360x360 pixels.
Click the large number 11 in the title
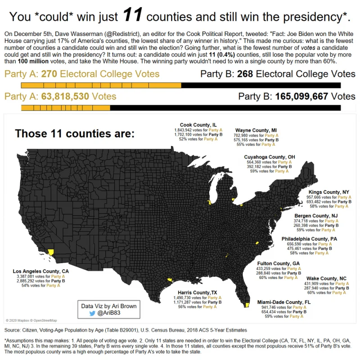pos(132,15)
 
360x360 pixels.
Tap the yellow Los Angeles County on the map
pos(50,252)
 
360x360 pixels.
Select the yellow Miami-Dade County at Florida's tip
pos(247,305)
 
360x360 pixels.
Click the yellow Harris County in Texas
pos(170,279)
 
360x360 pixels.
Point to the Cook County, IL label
pos(198,125)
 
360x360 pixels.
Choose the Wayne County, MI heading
pos(256,130)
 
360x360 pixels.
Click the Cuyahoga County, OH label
pos(269,157)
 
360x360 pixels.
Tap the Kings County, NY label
pos(328,192)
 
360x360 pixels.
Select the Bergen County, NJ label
pos(316,216)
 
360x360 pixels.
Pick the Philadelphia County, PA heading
pos(309,239)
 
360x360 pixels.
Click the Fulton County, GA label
pos(278,264)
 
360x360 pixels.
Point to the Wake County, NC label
pos(326,279)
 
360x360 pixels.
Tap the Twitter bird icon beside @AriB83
pos(92,313)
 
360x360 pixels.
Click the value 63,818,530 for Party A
pos(65,96)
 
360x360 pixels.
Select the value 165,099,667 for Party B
pos(301,96)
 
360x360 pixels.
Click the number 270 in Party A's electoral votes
pos(49,74)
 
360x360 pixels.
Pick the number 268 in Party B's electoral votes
pos(245,74)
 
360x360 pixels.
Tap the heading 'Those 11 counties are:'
pos(75,133)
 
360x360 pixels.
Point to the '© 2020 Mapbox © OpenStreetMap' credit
pos(31,320)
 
